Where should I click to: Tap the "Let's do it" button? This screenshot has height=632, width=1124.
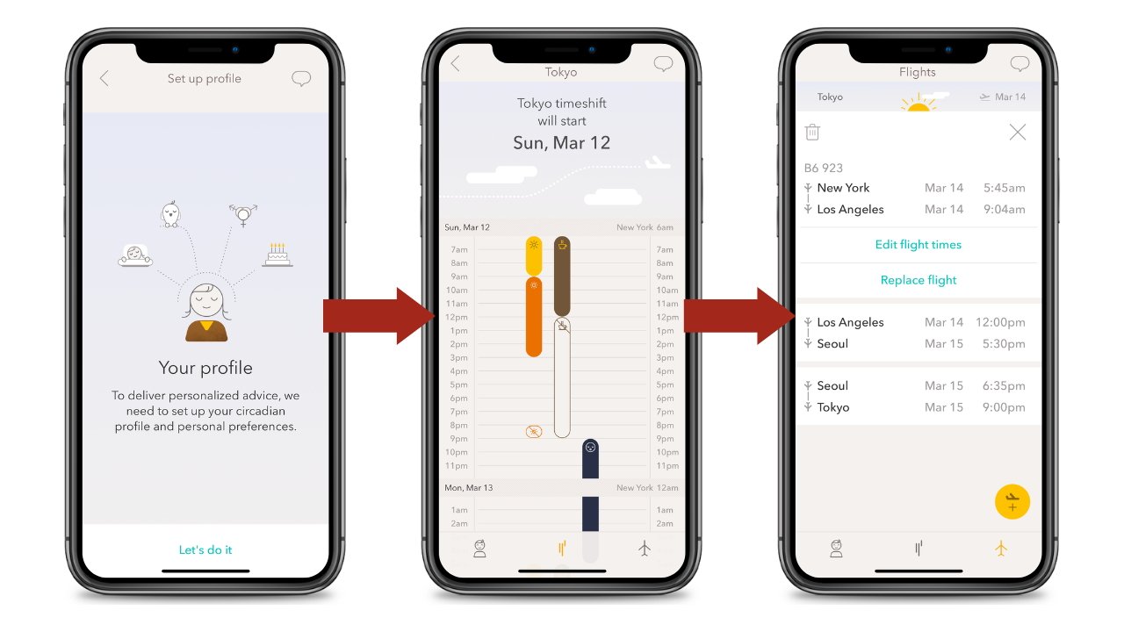point(205,550)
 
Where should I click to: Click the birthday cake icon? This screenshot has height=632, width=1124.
point(277,255)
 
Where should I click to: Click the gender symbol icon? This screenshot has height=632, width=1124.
point(242,215)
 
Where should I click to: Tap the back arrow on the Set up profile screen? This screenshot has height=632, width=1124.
point(104,79)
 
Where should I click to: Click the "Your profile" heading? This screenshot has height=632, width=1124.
point(205,368)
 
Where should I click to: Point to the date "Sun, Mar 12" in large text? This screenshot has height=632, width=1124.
point(561,143)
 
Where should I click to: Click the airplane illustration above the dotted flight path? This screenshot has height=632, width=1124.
point(657,163)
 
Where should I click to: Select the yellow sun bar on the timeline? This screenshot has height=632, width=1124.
point(534,255)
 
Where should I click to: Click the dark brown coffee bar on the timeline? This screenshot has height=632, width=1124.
point(562,276)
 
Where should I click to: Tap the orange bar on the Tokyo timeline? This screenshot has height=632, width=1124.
point(534,317)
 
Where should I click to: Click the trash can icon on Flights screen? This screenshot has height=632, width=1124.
point(812,133)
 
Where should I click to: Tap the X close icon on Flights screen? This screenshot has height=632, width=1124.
point(1017,133)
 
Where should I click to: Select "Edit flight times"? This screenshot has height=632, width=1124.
point(918,245)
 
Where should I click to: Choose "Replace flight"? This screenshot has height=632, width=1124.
point(918,281)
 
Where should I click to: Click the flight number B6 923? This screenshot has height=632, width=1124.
point(824,168)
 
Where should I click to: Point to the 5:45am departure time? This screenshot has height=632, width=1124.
point(1005,188)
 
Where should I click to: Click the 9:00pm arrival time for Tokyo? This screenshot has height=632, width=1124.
point(1005,407)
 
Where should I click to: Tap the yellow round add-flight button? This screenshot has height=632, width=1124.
point(1012,502)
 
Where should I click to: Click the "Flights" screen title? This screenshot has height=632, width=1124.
point(918,73)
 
